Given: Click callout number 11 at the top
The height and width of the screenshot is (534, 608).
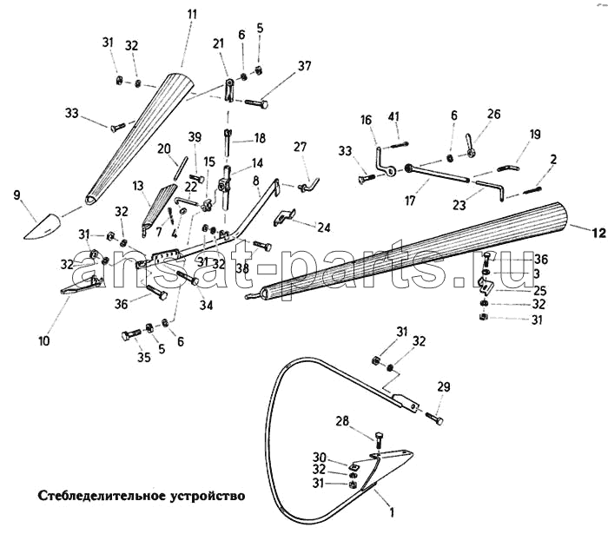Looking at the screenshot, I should click(192, 14).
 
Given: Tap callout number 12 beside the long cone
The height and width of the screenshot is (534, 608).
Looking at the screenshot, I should click(597, 233).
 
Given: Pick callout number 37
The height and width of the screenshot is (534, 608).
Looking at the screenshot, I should click(305, 66).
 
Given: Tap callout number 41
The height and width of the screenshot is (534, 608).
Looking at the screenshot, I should click(393, 116).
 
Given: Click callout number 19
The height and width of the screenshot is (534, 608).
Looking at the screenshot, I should click(534, 134).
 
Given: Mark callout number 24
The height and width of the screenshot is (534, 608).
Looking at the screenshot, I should click(323, 227).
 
